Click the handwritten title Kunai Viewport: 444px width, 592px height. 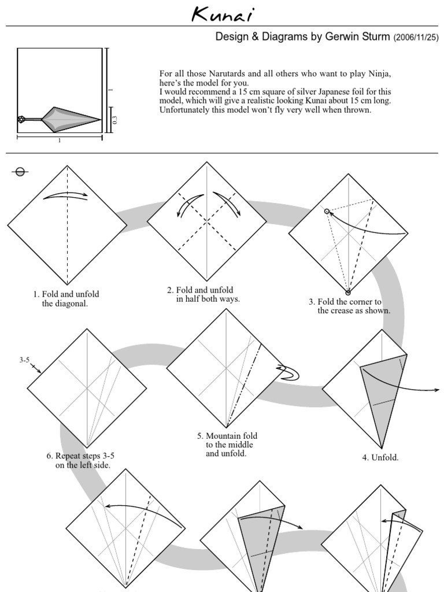pos(222,14)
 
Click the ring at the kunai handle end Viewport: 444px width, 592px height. pos(21,120)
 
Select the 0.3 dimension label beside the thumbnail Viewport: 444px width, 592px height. pos(114,120)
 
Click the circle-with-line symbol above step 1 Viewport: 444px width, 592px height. pos(20,171)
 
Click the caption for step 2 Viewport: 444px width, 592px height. pos(203,294)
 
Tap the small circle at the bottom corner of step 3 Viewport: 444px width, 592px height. pos(348,292)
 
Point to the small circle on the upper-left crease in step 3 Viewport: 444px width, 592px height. pos(327,212)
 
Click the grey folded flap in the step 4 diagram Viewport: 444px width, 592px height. pos(382,393)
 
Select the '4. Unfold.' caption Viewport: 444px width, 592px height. pos(380,457)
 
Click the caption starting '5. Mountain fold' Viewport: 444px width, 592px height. pos(227,445)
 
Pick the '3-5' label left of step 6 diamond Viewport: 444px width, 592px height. pos(24,360)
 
